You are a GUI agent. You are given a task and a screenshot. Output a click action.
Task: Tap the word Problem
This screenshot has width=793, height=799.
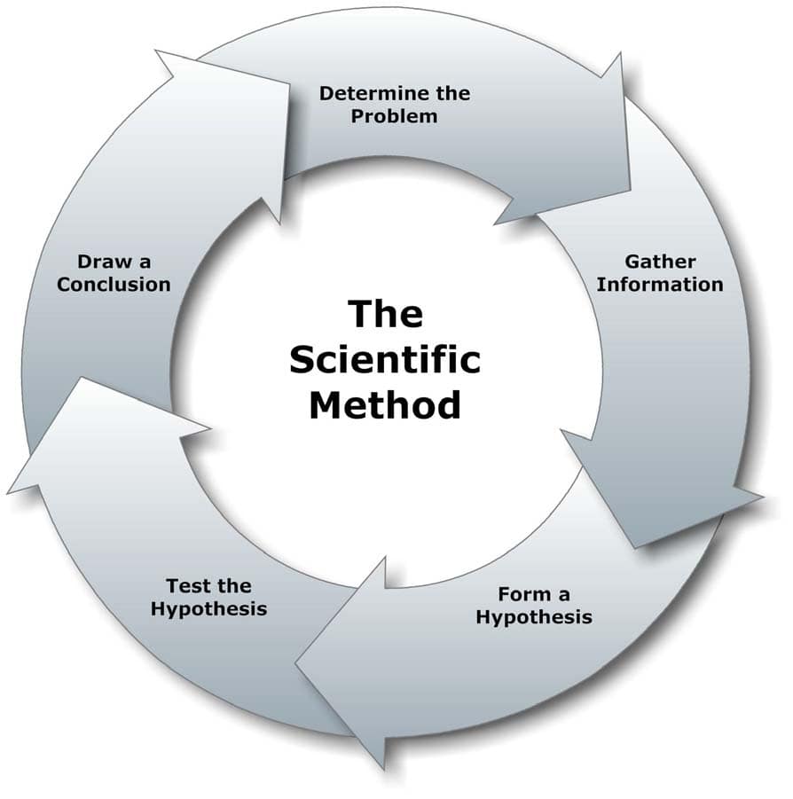[394, 116]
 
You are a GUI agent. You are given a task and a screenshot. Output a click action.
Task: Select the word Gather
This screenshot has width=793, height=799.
[660, 262]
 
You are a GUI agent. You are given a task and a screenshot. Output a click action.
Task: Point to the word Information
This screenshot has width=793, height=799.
[659, 285]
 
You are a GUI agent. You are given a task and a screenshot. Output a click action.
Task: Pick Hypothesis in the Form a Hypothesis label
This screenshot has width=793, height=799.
[533, 617]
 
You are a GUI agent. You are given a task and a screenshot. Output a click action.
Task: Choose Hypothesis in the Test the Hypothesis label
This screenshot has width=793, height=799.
[208, 609]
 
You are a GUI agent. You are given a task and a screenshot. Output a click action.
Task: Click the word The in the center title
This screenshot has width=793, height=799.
[384, 314]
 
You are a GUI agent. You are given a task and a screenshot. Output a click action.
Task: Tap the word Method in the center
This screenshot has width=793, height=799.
[384, 405]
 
